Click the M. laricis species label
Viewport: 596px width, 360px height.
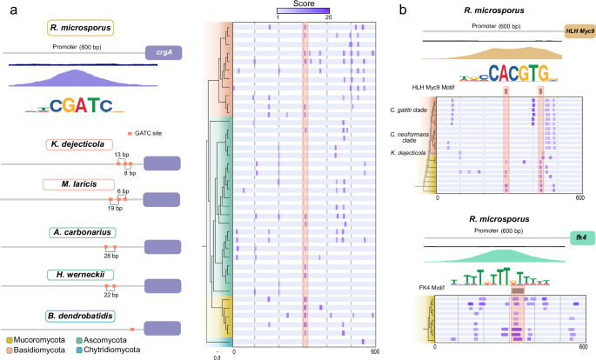click(x=77, y=184)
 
